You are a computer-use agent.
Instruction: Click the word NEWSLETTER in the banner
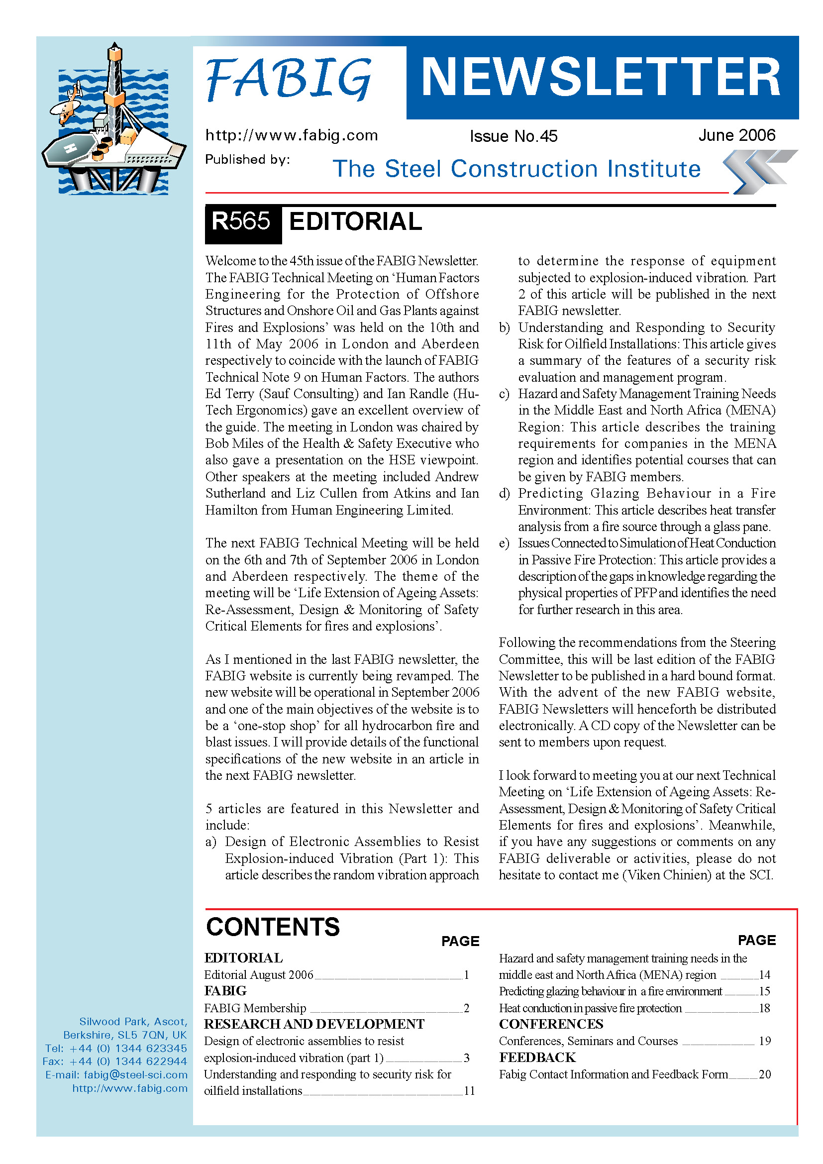coord(601,77)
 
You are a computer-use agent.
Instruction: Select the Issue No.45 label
coord(513,136)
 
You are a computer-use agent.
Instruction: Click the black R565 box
coord(242,222)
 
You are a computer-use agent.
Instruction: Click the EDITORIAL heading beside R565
coord(355,222)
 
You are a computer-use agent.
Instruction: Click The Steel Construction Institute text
coord(516,169)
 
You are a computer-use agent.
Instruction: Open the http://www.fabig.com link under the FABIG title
coord(292,135)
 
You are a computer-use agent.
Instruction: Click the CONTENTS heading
coord(273,927)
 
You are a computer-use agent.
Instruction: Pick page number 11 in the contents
coord(469,1091)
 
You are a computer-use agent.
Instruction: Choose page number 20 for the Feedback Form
coord(765,1074)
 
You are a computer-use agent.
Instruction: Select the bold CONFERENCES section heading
coord(551,1024)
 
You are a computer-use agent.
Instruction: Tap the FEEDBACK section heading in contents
coord(537,1058)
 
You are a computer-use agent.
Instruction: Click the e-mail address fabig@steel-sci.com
coord(135,1075)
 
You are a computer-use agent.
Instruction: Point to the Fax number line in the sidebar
coord(115,1061)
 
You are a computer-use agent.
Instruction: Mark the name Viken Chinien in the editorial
coord(667,875)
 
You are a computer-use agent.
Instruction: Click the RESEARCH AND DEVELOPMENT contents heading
coord(314,1024)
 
